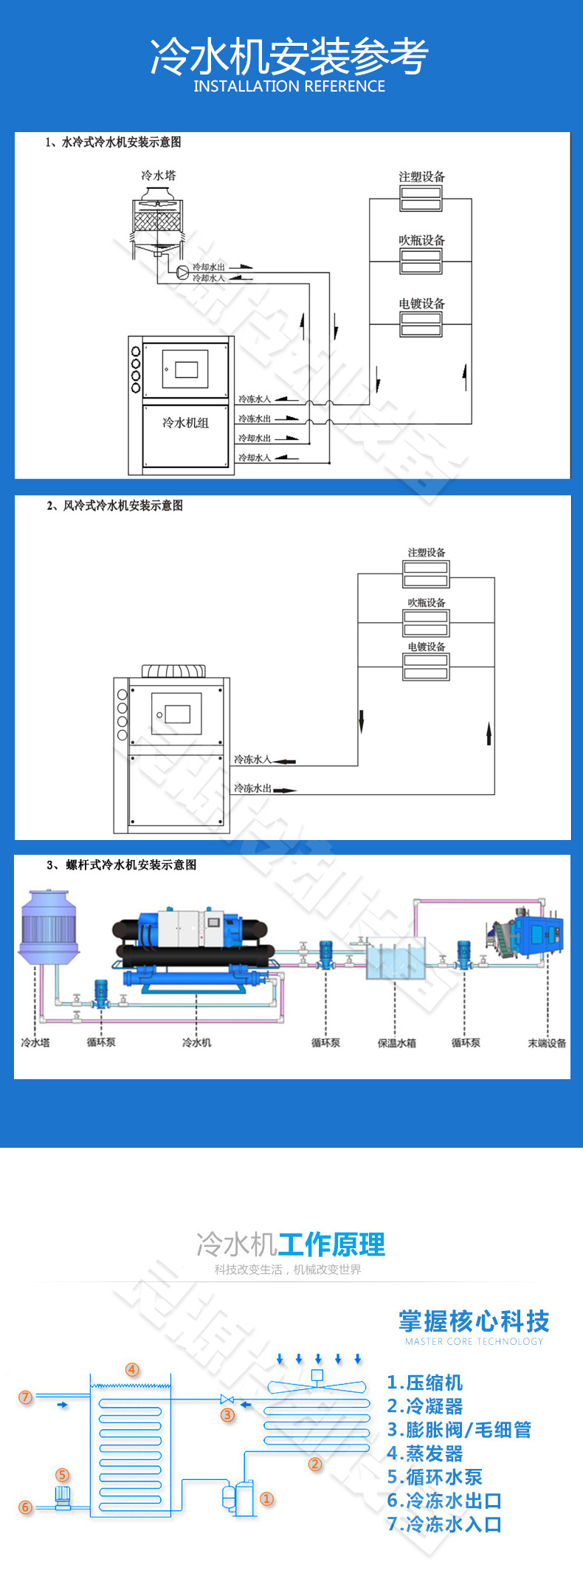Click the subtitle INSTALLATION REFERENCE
[x=289, y=86]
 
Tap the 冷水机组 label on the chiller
[x=185, y=423]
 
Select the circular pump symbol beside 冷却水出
[x=182, y=272]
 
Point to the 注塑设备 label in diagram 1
[x=421, y=176]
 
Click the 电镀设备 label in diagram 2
[x=427, y=647]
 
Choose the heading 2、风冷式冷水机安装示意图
[x=114, y=506]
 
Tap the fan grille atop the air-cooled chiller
[x=174, y=670]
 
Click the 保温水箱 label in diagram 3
[x=396, y=1043]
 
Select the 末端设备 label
[x=547, y=1043]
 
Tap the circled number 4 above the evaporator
[x=132, y=1369]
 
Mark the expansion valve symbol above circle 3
[x=227, y=1399]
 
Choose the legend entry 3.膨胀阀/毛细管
[x=459, y=1430]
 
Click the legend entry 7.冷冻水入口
[x=444, y=1524]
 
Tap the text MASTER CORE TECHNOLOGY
[x=474, y=1341]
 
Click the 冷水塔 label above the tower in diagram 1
[x=159, y=176]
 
